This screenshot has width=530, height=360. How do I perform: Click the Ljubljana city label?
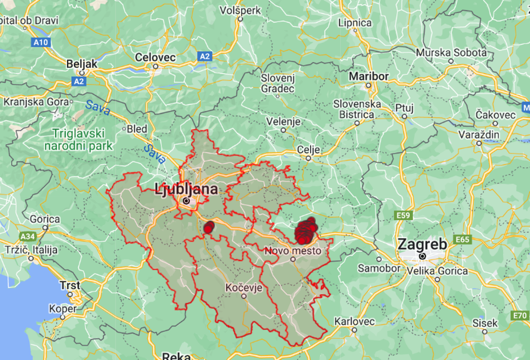tap(185, 190)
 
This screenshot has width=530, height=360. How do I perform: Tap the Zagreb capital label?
tap(422, 245)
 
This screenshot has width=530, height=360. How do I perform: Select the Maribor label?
tap(369, 76)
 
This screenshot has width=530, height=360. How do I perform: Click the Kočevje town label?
tap(244, 287)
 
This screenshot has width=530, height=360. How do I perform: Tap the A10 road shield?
tap(41, 42)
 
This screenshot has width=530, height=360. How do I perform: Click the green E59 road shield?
tap(403, 216)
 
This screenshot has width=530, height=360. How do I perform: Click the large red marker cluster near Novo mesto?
tap(306, 231)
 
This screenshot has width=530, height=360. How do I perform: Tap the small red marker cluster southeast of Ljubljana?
tap(209, 227)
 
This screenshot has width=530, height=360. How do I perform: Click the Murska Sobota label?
tap(450, 52)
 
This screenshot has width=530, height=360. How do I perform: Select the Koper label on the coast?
tap(63, 309)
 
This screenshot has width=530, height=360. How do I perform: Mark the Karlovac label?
tap(354, 321)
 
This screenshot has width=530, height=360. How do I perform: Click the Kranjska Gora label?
tap(36, 102)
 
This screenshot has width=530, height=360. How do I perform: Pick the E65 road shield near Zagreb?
tap(462, 240)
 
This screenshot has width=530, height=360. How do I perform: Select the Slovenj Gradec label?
tap(278, 83)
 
